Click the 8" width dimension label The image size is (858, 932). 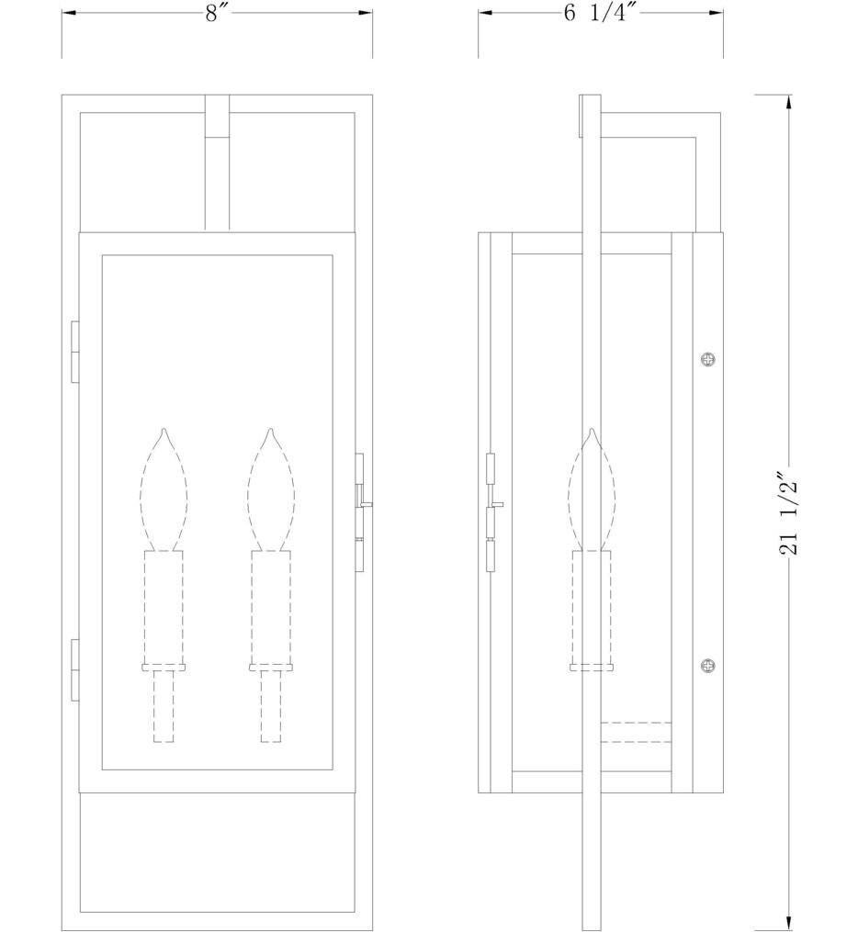[217, 14]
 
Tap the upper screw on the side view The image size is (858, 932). [706, 359]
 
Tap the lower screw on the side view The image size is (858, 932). [706, 665]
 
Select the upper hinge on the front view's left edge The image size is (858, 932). [74, 350]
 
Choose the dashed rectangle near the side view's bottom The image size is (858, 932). [636, 733]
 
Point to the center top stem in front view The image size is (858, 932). [217, 162]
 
